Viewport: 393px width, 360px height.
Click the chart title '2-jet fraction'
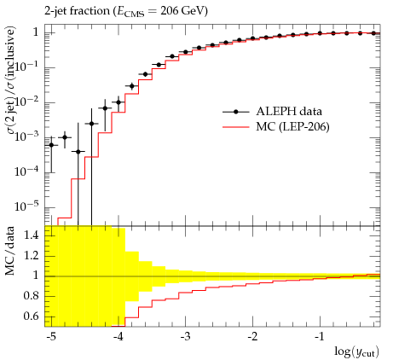[77, 11]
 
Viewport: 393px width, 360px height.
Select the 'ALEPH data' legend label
[289, 111]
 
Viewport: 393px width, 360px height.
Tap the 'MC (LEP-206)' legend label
[292, 126]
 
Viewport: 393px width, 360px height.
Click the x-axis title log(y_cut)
[356, 351]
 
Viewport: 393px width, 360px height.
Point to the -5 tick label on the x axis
[51, 337]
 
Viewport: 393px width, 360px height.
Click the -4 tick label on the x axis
[118, 337]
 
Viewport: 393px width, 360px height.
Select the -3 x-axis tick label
[185, 337]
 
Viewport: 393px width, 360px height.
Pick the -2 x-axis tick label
[252, 337]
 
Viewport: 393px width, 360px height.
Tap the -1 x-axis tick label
[320, 337]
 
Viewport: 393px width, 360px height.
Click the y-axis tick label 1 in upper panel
[36, 32]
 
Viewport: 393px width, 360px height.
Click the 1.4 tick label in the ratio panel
[31, 235]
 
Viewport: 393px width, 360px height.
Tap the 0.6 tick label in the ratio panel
[31, 316]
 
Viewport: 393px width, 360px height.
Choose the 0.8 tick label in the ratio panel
[31, 296]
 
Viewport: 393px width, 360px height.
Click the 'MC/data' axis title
[10, 251]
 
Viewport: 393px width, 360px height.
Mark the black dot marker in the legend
[235, 112]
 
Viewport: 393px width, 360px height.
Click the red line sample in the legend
[236, 127]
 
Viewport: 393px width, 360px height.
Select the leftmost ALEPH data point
[51, 145]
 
